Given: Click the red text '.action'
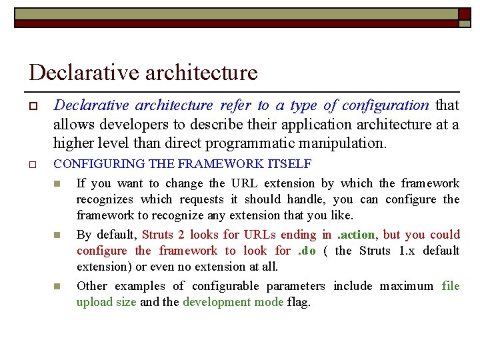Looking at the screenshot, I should [x=357, y=235].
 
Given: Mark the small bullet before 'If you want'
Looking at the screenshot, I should [x=57, y=184].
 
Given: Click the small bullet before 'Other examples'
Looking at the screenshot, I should [x=57, y=287].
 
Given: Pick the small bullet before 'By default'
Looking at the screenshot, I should [x=57, y=235].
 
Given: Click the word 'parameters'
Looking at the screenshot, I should [x=293, y=286].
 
